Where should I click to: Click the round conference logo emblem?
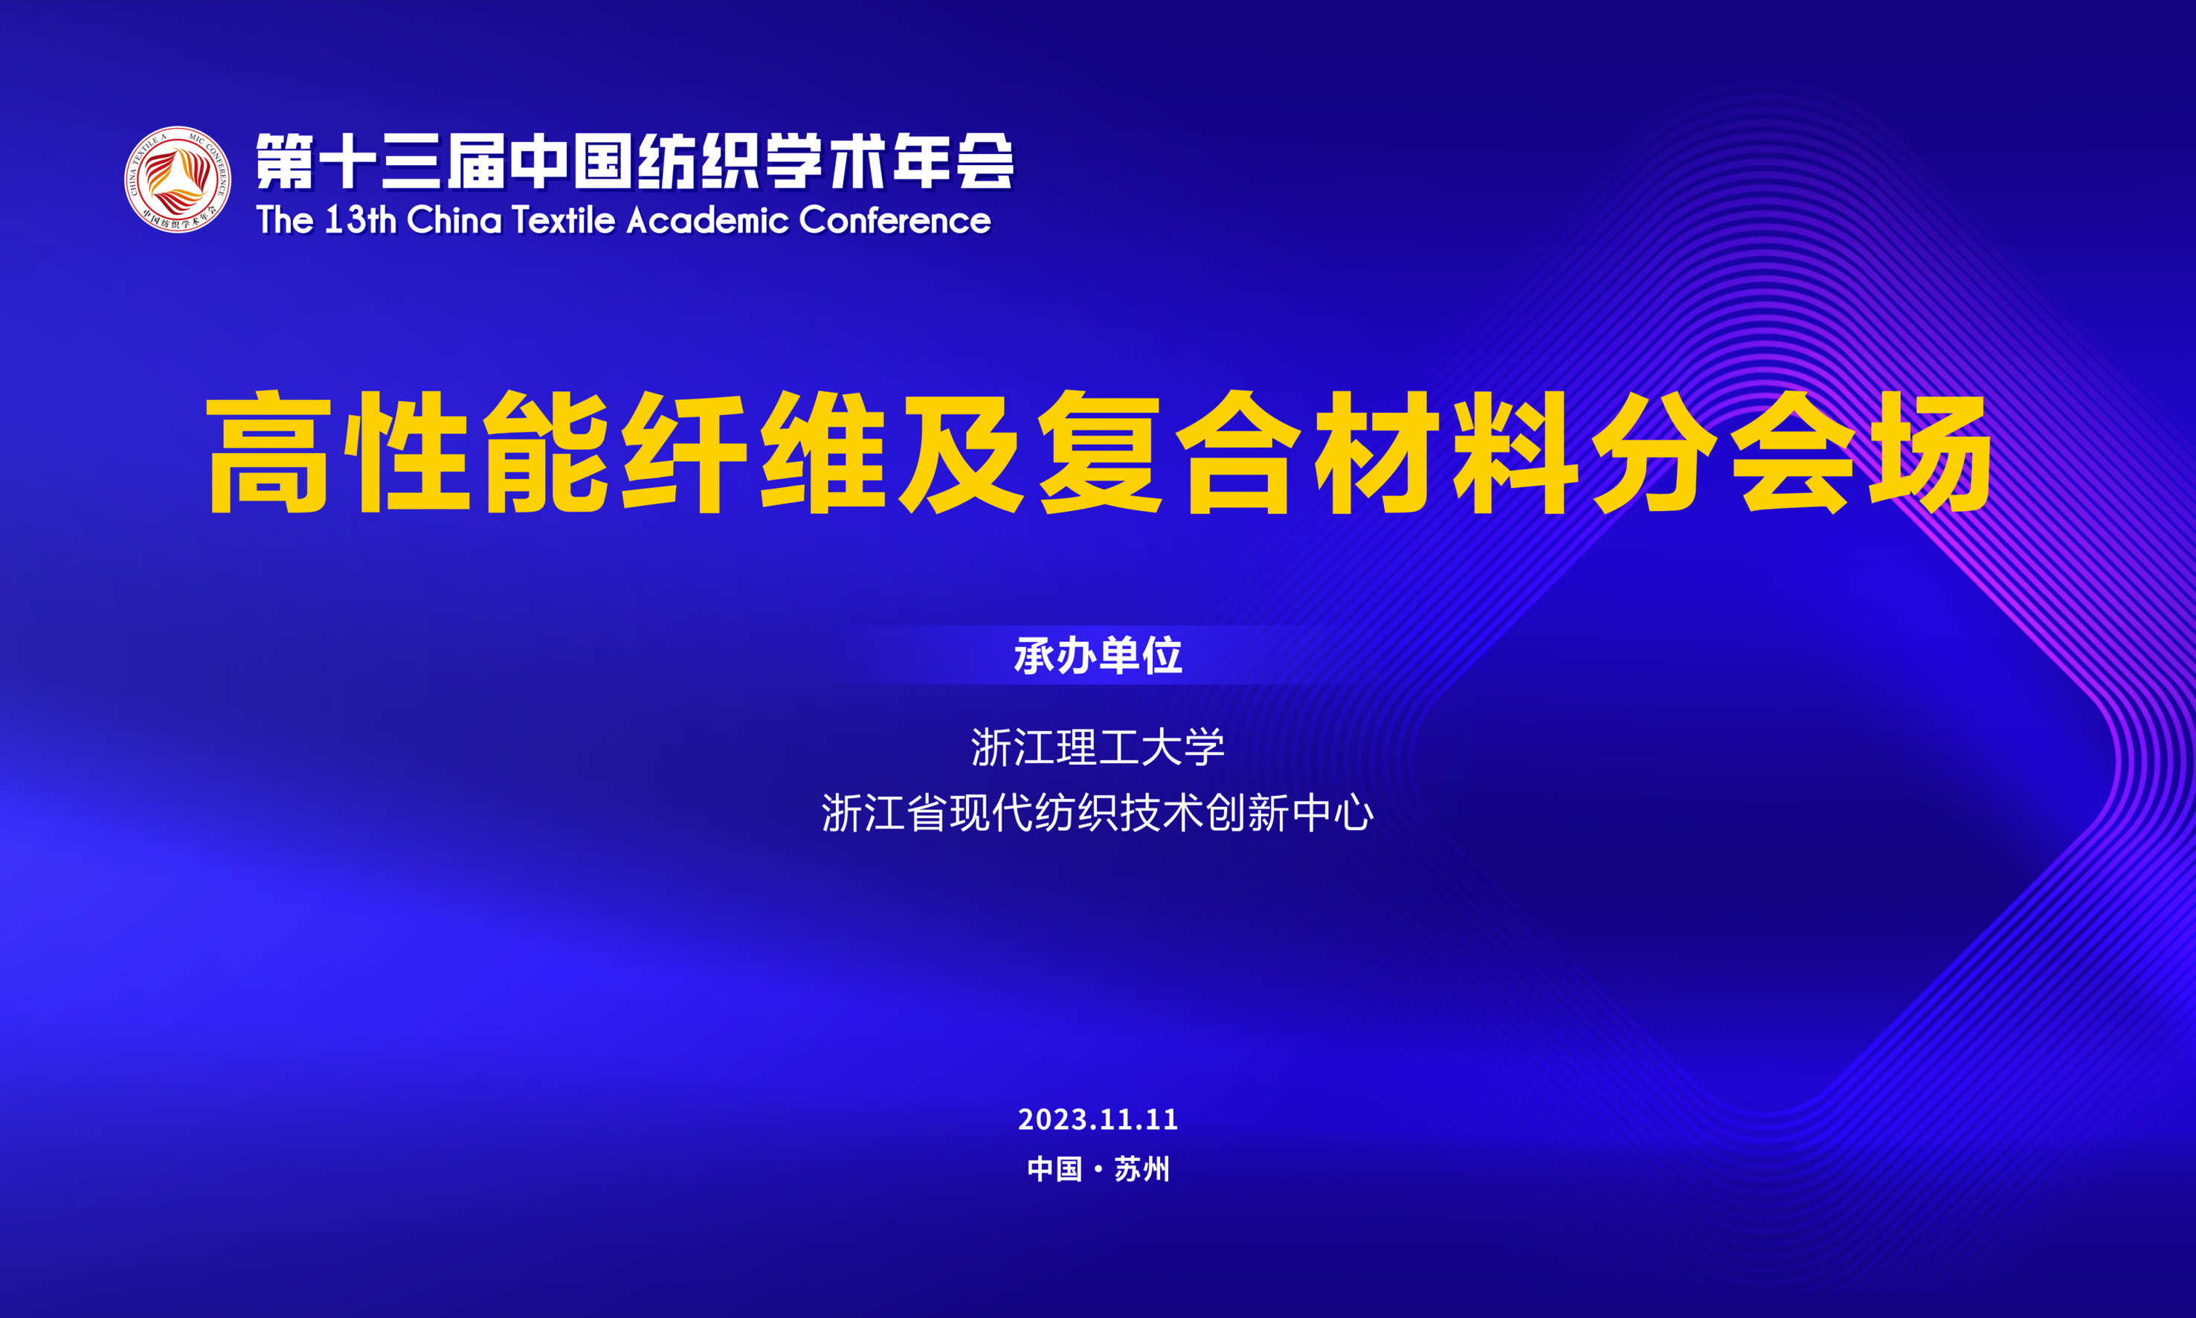pos(178,179)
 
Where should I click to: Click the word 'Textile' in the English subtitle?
pos(563,220)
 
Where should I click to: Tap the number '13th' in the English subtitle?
pos(360,220)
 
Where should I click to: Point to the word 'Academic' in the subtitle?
pos(707,220)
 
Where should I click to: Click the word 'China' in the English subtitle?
pos(454,220)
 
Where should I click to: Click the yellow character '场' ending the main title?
pos(1930,452)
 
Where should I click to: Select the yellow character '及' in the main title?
pos(961,452)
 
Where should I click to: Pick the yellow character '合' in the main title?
pos(1238,452)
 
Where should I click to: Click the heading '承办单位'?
pos(1098,655)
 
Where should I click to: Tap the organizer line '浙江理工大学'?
pos(1098,747)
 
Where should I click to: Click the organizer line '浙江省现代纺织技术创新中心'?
pos(1098,813)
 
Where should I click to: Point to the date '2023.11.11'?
pos(1098,1119)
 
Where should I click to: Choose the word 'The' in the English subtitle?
pos(285,220)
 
